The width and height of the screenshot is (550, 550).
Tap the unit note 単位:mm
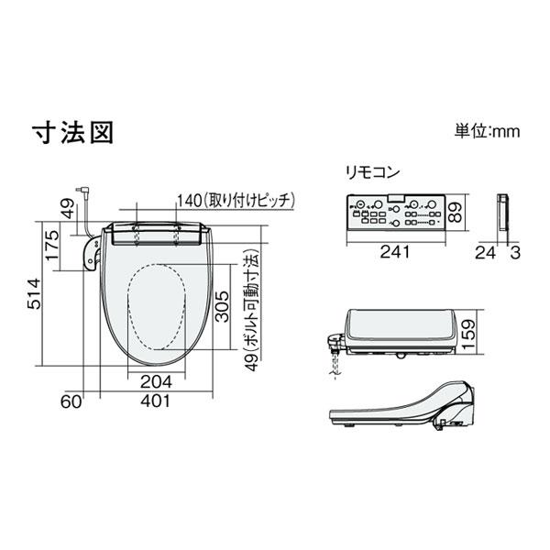pyautogui.click(x=486, y=131)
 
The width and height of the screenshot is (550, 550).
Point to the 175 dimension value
pyautogui.click(x=52, y=246)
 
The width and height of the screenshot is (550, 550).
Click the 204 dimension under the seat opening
pyautogui.click(x=156, y=381)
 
